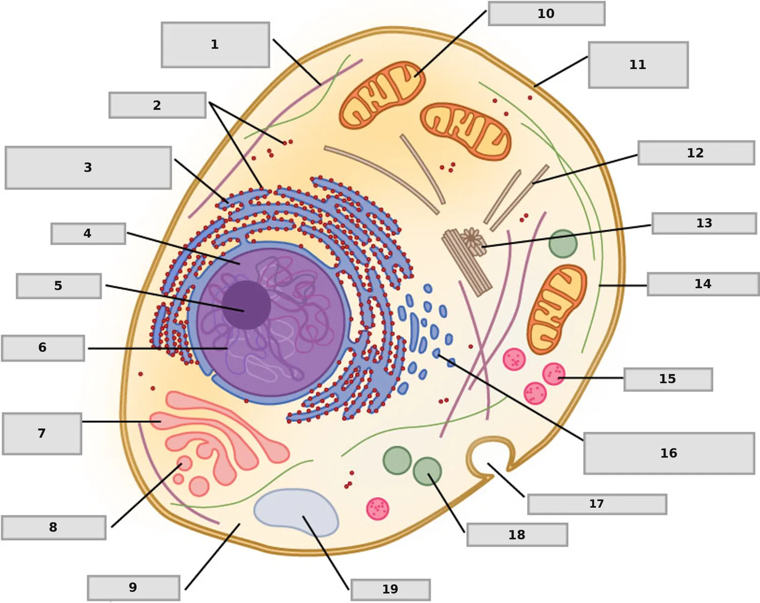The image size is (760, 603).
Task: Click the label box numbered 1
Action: click(215, 45)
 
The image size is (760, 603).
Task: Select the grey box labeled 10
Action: click(546, 13)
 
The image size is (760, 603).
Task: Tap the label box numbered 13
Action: click(704, 223)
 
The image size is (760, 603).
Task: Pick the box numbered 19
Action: click(390, 589)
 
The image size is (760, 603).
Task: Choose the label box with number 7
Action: click(42, 433)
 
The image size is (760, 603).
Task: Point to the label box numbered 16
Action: click(669, 453)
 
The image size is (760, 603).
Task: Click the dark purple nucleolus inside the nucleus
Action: click(246, 305)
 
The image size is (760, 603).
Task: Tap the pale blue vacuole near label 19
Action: click(296, 512)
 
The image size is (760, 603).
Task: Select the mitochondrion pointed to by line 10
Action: click(382, 95)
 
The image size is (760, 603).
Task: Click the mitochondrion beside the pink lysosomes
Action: click(556, 309)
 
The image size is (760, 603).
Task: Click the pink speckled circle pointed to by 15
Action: click(553, 374)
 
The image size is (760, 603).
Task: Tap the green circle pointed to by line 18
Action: click(427, 471)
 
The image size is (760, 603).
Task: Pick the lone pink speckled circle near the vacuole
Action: click(377, 509)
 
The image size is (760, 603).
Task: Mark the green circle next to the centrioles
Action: click(563, 244)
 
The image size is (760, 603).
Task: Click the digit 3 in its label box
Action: click(88, 167)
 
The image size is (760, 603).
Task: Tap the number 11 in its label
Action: click(638, 65)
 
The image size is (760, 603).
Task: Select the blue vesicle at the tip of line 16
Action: click(437, 353)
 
